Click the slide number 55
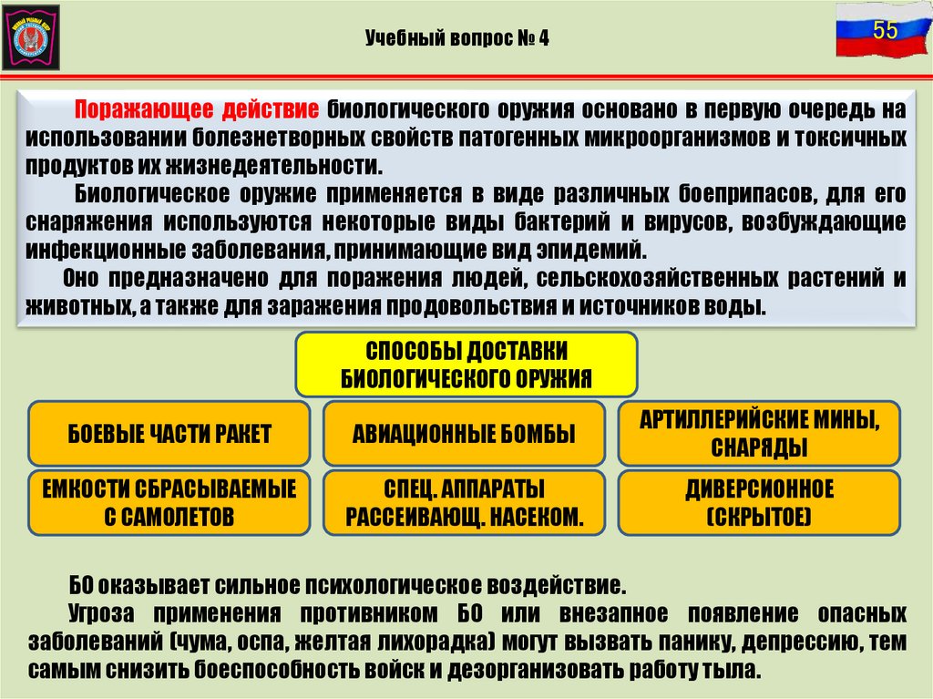[885, 30]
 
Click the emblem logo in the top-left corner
[31, 36]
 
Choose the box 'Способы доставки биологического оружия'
[466, 364]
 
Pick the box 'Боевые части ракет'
[169, 434]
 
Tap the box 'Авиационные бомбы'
[464, 434]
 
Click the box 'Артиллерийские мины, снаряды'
[758, 434]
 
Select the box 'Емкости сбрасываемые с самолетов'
[169, 503]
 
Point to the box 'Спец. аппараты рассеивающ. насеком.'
[464, 503]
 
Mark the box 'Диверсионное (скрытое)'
[758, 503]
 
